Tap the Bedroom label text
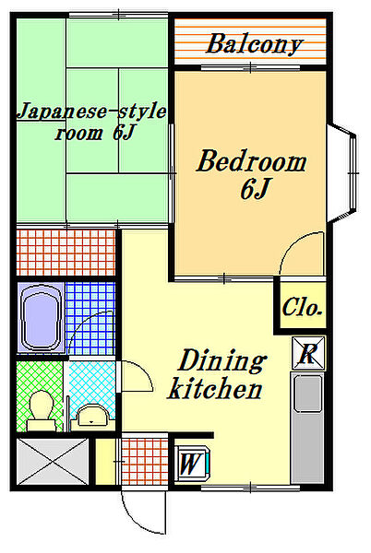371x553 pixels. [x=251, y=161]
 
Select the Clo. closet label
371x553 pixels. [x=302, y=307]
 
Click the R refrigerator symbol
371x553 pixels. [x=308, y=353]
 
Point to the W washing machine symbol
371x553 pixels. [x=192, y=463]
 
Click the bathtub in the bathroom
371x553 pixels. [x=41, y=317]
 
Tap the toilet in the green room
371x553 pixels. [x=42, y=410]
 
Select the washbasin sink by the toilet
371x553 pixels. [x=92, y=417]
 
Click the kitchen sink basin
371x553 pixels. [x=308, y=394]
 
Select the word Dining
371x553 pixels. [x=222, y=360]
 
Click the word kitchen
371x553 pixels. [x=215, y=388]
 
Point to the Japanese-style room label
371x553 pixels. [x=91, y=122]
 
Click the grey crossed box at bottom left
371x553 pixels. [x=53, y=462]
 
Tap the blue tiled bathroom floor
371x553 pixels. [x=90, y=318]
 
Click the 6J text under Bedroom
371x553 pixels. [x=255, y=189]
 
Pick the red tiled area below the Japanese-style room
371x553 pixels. [x=66, y=253]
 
